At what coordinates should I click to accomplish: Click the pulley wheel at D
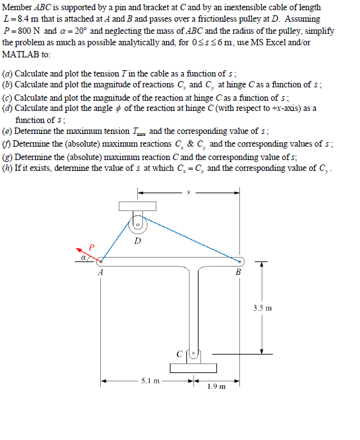click(x=137, y=224)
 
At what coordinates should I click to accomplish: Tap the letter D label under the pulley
click(x=138, y=241)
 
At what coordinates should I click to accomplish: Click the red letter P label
click(x=91, y=246)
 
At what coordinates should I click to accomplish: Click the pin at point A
click(x=100, y=260)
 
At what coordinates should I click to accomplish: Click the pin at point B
click(x=239, y=261)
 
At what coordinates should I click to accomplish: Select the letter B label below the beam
click(x=239, y=273)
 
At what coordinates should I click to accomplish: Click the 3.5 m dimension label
click(x=262, y=308)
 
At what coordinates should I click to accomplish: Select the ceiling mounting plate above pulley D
click(x=137, y=205)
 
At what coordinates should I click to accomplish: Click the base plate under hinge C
click(x=193, y=367)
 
